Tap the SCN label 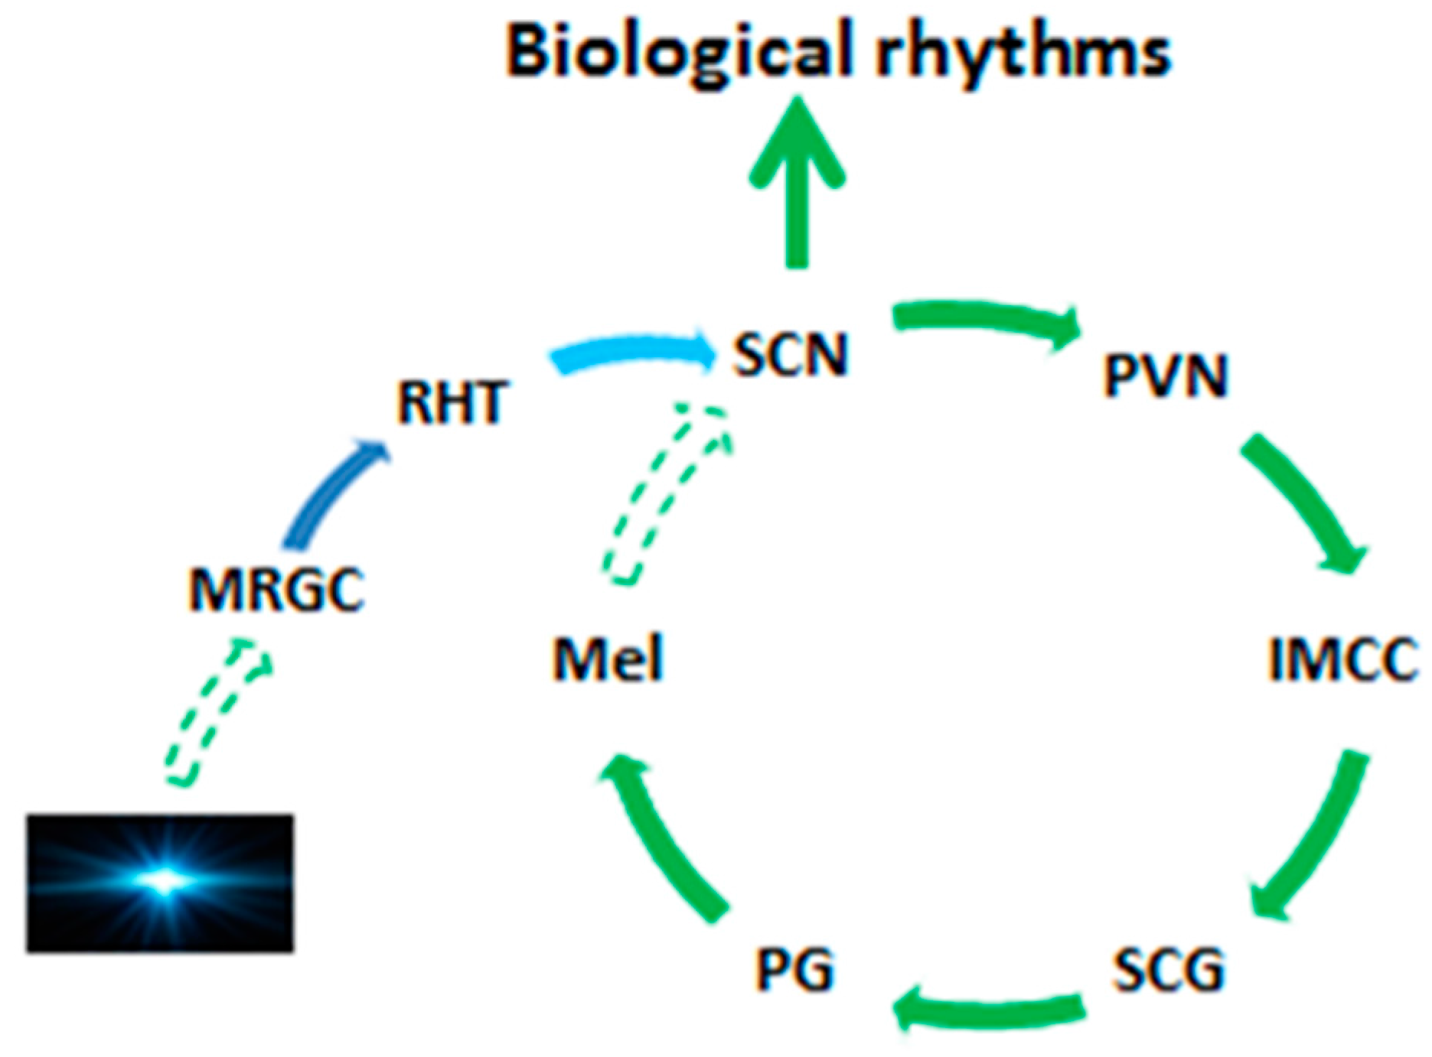[x=791, y=355]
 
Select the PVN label [x=1165, y=376]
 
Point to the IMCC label [x=1343, y=659]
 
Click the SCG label [x=1168, y=970]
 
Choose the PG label [x=794, y=970]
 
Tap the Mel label [x=608, y=659]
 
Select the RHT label [x=452, y=403]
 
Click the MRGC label [x=276, y=590]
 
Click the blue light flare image [x=160, y=883]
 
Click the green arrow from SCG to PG [x=987, y=1008]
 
